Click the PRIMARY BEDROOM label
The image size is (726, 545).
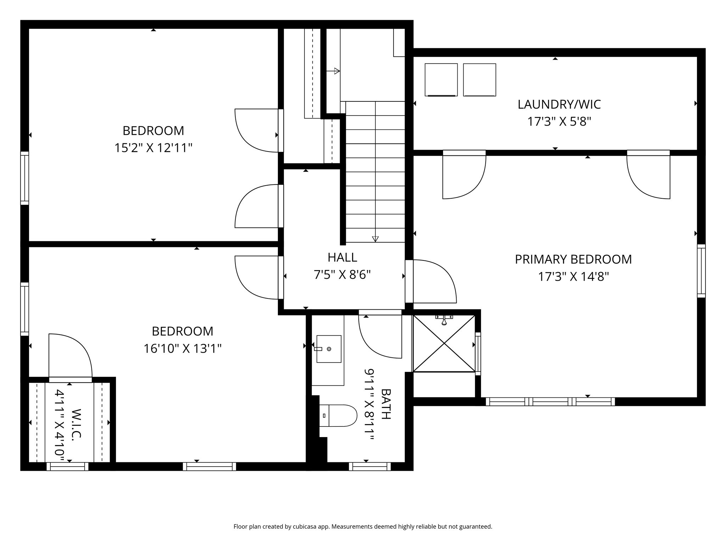[x=573, y=259]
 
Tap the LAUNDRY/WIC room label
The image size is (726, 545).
[x=559, y=104]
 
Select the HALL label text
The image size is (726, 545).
[x=342, y=257]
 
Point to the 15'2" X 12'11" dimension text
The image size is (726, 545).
[x=153, y=148]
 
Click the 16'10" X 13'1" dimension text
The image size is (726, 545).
[x=182, y=348]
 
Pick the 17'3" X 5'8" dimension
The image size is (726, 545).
[x=559, y=122]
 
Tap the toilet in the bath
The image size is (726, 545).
[x=338, y=415]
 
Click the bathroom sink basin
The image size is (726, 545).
[x=329, y=349]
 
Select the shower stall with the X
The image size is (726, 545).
[x=444, y=343]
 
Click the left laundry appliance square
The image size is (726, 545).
[x=441, y=80]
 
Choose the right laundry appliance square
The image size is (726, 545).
[x=479, y=80]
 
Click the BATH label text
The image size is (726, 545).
[x=386, y=404]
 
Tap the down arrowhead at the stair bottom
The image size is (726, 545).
[x=375, y=239]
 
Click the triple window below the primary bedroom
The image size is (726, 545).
[x=550, y=402]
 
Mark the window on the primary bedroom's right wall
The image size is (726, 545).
[x=701, y=271]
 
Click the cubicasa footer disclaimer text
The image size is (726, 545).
[x=363, y=527]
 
